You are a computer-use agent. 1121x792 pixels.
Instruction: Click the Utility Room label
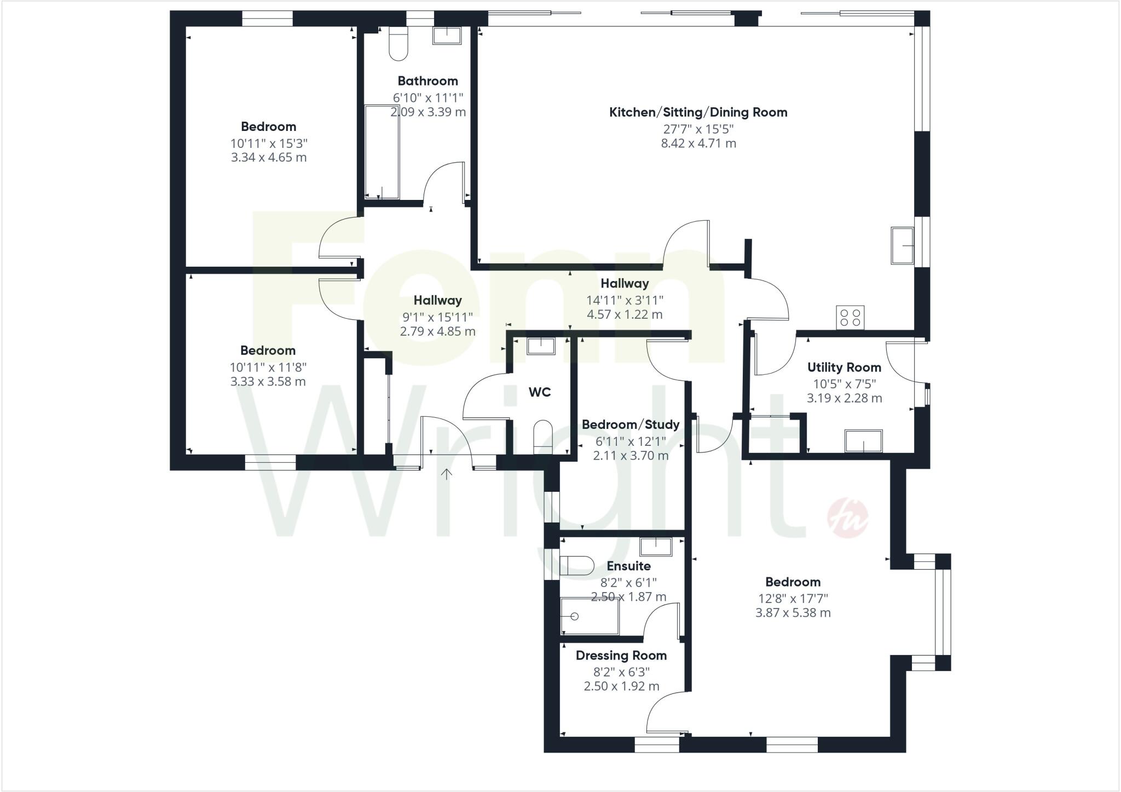click(x=844, y=368)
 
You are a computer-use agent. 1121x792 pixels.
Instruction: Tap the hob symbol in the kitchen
click(x=850, y=317)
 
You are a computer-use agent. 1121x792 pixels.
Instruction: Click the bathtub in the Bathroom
click(x=382, y=152)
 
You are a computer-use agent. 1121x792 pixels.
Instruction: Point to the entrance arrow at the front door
click(x=447, y=474)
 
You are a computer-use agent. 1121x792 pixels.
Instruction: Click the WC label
click(x=539, y=392)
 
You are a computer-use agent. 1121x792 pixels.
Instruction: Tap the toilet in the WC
click(x=543, y=436)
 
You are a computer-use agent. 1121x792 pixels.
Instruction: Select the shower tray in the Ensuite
click(x=590, y=616)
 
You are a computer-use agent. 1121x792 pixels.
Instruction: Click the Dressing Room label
click(x=621, y=656)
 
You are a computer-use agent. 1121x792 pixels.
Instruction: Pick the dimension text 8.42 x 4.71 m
click(x=698, y=144)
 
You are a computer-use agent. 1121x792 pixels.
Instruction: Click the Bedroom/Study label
click(x=631, y=424)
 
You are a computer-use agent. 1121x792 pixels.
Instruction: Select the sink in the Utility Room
click(x=863, y=441)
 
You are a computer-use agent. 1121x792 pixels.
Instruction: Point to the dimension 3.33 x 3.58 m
click(x=268, y=382)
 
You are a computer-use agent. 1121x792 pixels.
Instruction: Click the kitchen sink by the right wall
click(x=902, y=245)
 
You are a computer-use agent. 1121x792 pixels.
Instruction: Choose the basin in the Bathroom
click(x=447, y=35)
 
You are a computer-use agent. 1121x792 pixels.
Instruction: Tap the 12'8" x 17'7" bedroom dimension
click(x=793, y=598)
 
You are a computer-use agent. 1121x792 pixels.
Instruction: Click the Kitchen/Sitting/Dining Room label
click(x=698, y=112)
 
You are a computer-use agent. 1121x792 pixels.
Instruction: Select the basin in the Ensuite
click(x=656, y=547)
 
